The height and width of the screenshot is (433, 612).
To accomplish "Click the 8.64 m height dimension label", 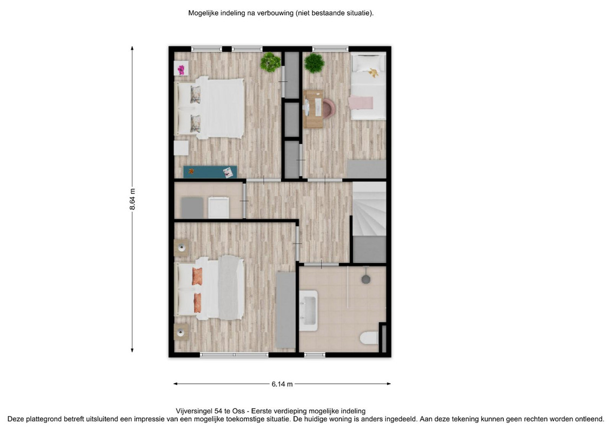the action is click(132, 199).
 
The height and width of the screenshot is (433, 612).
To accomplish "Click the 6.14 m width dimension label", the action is click(282, 384).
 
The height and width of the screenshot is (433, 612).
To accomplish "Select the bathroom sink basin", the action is click(308, 311).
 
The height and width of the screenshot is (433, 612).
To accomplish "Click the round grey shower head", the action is click(365, 279).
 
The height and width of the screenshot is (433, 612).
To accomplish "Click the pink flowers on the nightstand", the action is click(181, 70).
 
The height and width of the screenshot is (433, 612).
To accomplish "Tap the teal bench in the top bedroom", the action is click(210, 172).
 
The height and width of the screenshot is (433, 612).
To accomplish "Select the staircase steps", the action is click(369, 209).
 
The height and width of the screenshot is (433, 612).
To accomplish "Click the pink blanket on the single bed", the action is click(361, 103).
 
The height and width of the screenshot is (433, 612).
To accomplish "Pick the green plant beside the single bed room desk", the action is click(314, 63).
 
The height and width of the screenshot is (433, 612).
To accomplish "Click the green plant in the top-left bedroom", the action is click(270, 62).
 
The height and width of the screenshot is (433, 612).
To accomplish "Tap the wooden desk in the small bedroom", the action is click(313, 109).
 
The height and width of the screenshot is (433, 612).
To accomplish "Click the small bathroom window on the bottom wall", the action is click(315, 355).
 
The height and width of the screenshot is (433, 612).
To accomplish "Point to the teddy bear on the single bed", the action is click(374, 73).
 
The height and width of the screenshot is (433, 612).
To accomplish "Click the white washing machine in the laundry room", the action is click(218, 207).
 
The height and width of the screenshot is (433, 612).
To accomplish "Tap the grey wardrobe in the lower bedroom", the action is click(285, 310).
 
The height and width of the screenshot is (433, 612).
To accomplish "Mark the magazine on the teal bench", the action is click(228, 172).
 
